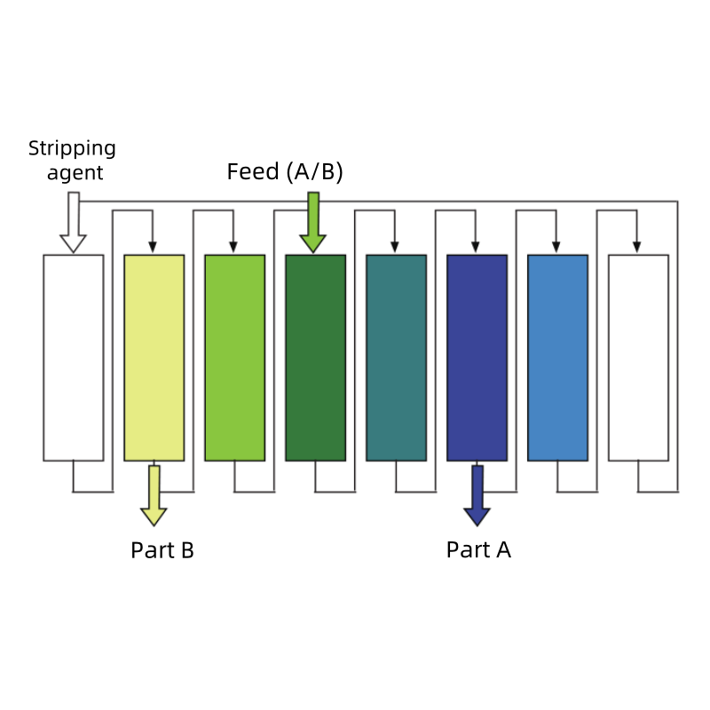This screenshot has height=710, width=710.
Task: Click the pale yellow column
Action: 154,358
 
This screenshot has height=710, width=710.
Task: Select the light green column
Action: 235,358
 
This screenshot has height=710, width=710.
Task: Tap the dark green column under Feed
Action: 316,358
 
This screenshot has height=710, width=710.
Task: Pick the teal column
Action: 397,358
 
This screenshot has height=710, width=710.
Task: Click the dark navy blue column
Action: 477,358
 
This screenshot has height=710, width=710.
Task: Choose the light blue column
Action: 558,358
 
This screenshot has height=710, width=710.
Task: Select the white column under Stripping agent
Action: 74,358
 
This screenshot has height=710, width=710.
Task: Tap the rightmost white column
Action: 639,358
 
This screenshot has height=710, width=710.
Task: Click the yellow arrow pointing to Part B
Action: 154,497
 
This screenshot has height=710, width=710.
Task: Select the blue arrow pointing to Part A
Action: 477,497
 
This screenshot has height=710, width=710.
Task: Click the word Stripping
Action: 72,148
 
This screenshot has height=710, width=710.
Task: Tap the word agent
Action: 75,173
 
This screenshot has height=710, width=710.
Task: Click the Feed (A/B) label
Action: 285,171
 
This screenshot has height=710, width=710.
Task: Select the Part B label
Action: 162,550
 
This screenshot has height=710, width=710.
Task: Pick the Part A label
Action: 478,550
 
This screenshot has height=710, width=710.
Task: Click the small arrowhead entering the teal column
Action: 395,247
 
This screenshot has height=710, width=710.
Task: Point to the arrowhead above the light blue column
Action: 556,247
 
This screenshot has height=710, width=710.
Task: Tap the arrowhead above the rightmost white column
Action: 637,247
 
